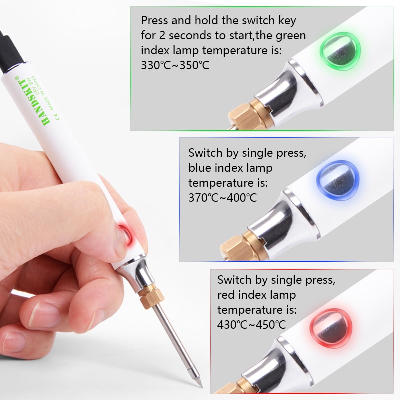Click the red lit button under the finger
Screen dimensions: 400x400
pyautogui.click(x=124, y=233)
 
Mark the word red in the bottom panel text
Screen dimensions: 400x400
pyautogui.click(x=228, y=295)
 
